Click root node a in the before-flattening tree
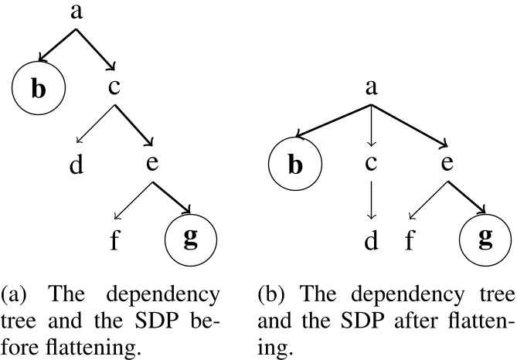tap(76, 13)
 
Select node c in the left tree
tap(114, 88)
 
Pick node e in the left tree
tap(151, 165)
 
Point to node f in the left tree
tap(114, 239)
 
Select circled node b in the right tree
tap(294, 165)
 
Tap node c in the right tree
tap(372, 165)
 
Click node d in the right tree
tap(372, 241)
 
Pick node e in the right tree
tap(447, 165)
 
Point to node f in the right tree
tap(410, 241)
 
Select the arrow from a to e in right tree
tap(410, 125)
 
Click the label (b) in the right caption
tap(274, 295)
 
